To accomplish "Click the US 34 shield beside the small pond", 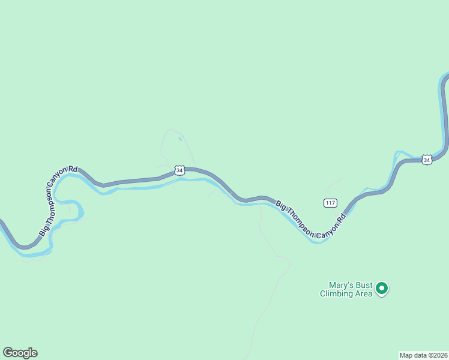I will pyautogui.click(x=179, y=171).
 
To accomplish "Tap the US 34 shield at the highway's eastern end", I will pyautogui.click(x=426, y=160).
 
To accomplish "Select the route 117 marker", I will pyautogui.click(x=330, y=203).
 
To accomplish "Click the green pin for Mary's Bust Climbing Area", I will pyautogui.click(x=382, y=289).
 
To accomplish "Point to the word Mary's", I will pyautogui.click(x=342, y=286).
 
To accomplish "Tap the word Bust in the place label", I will pyautogui.click(x=364, y=286).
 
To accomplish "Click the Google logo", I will pyautogui.click(x=20, y=353).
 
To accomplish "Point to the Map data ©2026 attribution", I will pyautogui.click(x=423, y=355).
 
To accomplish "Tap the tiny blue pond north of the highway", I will pyautogui.click(x=181, y=140).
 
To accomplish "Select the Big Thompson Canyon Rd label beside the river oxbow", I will pyautogui.click(x=58, y=200).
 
